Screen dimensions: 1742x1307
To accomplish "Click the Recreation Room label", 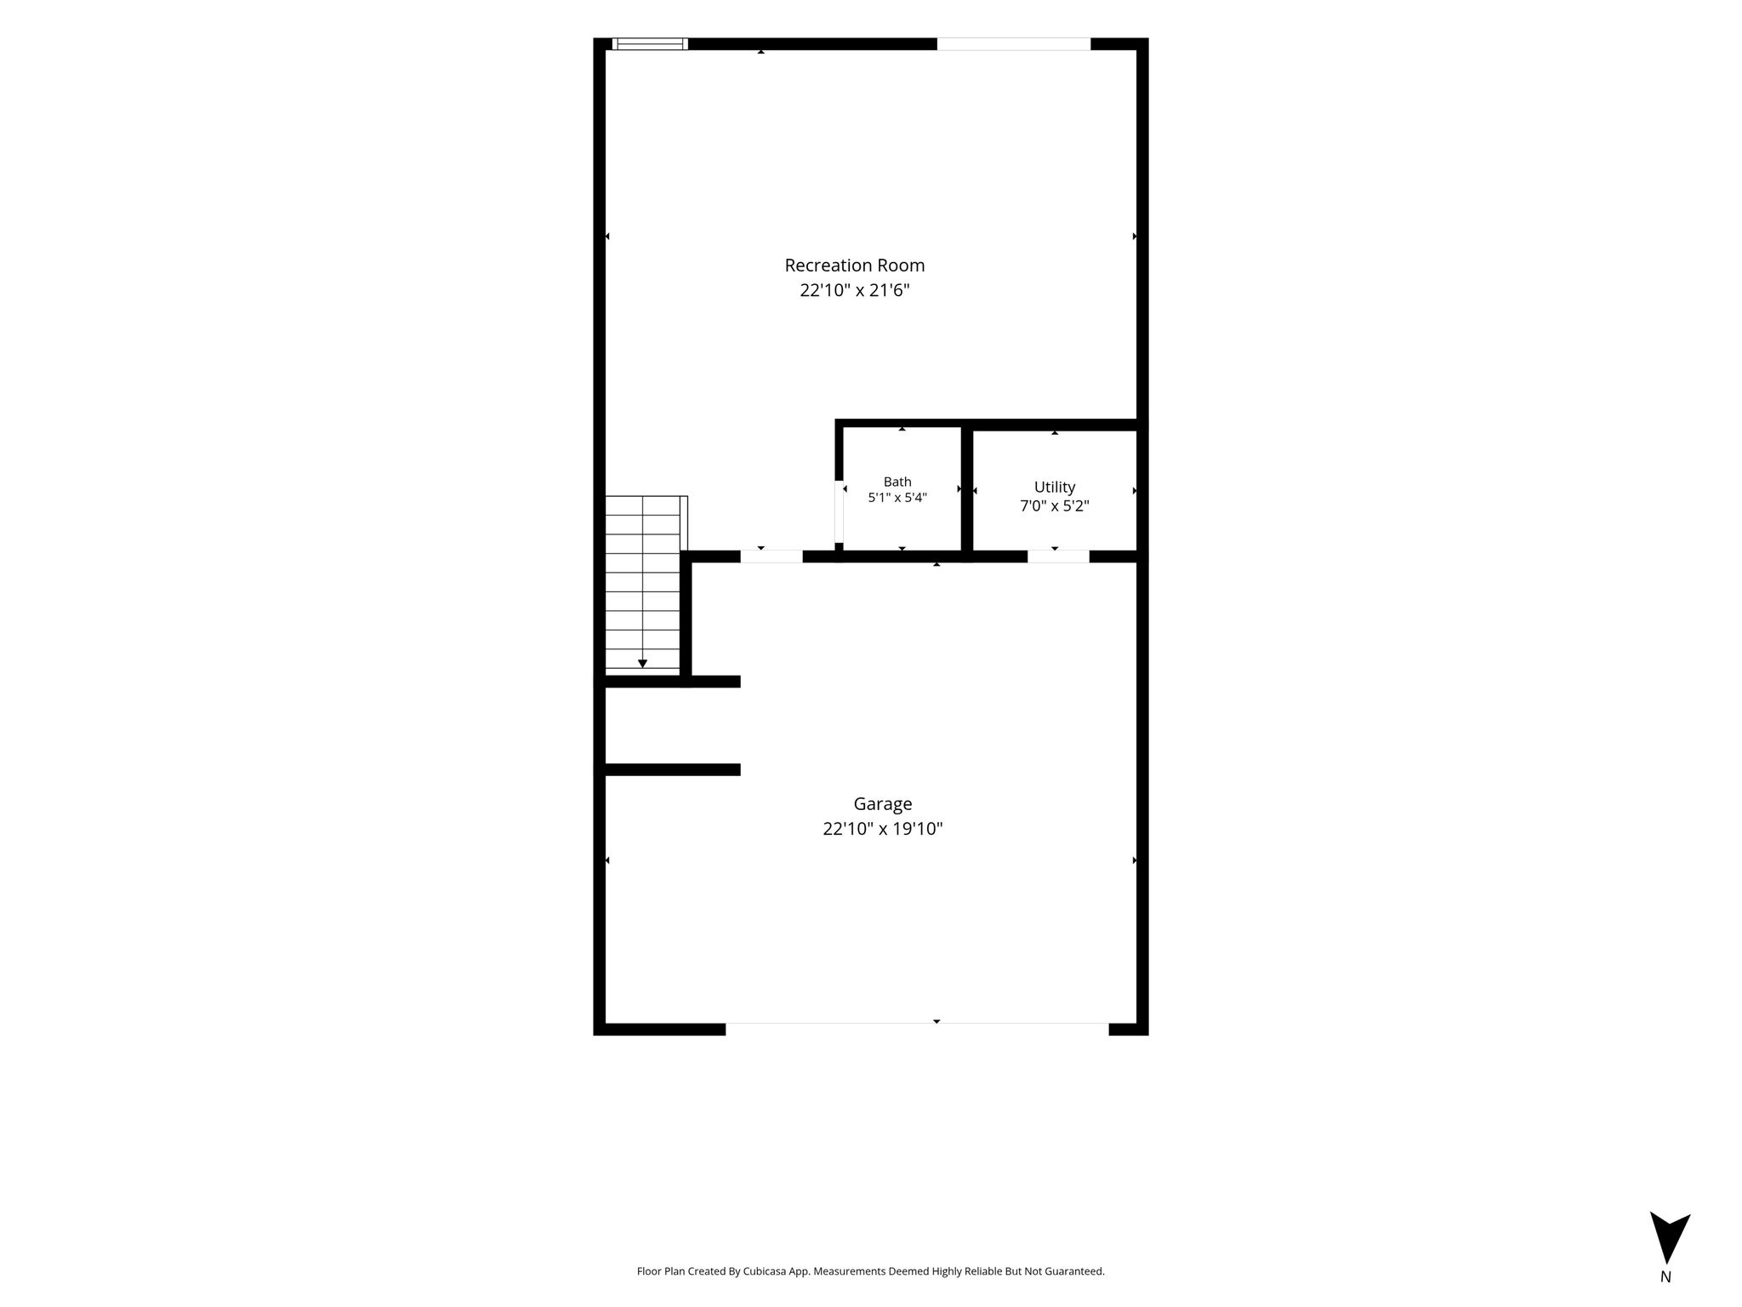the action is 854,265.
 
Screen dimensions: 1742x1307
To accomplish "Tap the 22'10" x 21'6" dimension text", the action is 855,290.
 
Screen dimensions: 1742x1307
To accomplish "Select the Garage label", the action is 883,804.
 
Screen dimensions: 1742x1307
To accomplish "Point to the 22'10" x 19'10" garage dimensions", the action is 883,829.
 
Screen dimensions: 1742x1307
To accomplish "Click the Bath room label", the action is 897,482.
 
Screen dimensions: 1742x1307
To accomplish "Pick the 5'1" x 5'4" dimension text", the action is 897,498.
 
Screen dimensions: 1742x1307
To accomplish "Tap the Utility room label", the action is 1055,487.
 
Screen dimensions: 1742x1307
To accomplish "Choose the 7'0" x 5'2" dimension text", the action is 1055,506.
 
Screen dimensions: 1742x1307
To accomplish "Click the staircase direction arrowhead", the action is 642,664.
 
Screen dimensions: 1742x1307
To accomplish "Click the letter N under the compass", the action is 1665,1276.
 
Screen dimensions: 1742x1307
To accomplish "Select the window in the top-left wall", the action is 650,44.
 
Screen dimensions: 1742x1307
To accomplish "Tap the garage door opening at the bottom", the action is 917,1028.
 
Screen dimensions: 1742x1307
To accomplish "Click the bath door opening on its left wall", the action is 839,512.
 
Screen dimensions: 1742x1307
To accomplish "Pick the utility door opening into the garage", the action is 1058,556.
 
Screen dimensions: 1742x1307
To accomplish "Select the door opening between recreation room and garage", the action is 771,556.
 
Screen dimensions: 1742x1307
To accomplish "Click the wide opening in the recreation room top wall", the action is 1014,44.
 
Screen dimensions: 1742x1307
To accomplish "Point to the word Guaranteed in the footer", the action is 1074,1271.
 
